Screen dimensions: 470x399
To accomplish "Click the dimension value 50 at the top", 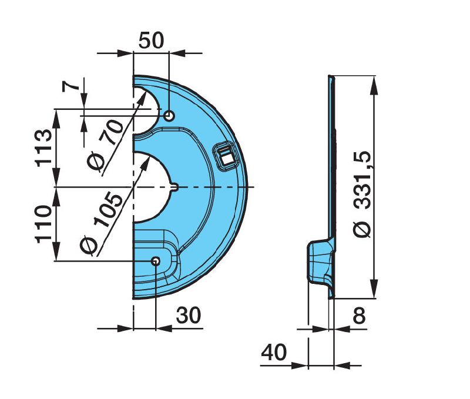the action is click(152, 41).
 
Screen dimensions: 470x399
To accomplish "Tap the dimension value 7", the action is click(71, 86).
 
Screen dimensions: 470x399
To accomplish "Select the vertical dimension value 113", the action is click(43, 148).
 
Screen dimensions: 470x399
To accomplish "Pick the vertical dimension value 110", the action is click(43, 224).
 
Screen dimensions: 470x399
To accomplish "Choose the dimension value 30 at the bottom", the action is click(188, 316).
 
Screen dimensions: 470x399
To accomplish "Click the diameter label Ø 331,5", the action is click(362, 195).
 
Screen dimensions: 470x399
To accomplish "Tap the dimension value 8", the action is click(359, 316).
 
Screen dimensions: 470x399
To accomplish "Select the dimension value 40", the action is click(274, 352).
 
